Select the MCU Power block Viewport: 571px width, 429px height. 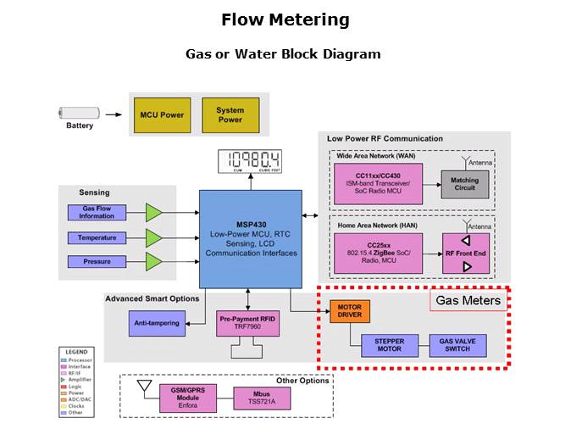pos(162,115)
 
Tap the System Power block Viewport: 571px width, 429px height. pos(230,115)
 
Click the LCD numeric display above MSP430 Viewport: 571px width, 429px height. pos(249,160)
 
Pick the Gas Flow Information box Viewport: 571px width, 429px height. pos(97,213)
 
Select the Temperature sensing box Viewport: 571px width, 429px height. pos(97,237)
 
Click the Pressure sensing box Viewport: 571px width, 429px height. pos(97,261)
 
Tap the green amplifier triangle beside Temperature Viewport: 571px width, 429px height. pos(153,237)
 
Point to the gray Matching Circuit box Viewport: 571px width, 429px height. pos(464,185)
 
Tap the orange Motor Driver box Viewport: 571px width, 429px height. pos(350,310)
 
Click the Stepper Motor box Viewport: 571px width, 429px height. pos(390,345)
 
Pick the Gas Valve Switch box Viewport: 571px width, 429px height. pos(460,345)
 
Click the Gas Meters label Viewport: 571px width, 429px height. pos(468,300)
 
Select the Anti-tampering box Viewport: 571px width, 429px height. pos(156,323)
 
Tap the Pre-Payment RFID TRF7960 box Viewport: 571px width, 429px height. pos(247,322)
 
